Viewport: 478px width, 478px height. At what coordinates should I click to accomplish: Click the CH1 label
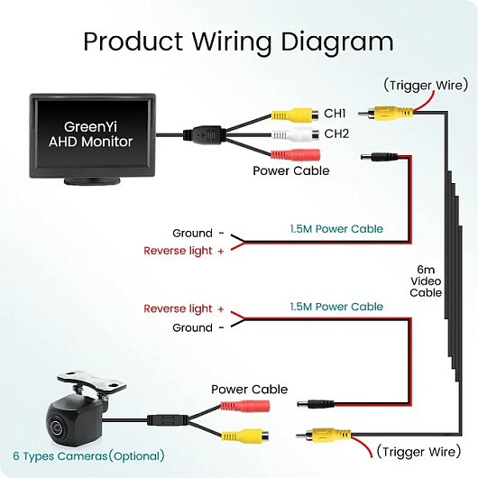335,114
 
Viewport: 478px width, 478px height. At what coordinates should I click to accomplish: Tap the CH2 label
336,133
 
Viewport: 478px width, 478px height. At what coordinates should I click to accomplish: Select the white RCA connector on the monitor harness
295,134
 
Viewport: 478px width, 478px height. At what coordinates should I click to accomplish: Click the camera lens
57,427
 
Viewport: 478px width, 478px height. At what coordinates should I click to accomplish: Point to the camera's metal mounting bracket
91,381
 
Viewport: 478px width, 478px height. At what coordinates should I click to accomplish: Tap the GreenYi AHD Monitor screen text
90,134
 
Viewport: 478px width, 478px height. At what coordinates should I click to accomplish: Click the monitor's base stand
92,181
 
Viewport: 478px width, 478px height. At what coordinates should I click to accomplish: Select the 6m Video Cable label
426,281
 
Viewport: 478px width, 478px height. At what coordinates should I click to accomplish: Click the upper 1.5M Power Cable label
336,229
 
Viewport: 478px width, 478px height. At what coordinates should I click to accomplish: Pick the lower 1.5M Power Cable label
336,307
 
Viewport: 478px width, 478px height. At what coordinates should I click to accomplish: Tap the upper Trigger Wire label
426,85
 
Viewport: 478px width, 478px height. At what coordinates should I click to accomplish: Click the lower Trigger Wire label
418,452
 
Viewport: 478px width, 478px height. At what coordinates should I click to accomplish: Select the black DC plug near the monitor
379,157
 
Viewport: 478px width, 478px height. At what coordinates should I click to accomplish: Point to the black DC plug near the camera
317,405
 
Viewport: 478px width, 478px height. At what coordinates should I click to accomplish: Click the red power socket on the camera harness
245,406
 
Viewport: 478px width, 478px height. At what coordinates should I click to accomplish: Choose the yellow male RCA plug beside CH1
385,113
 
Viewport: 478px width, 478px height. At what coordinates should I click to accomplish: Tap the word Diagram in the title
337,42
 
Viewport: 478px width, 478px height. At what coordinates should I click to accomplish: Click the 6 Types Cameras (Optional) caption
88,456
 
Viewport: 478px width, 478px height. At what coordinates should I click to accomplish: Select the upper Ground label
192,234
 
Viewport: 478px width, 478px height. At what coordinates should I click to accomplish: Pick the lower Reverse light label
184,308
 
